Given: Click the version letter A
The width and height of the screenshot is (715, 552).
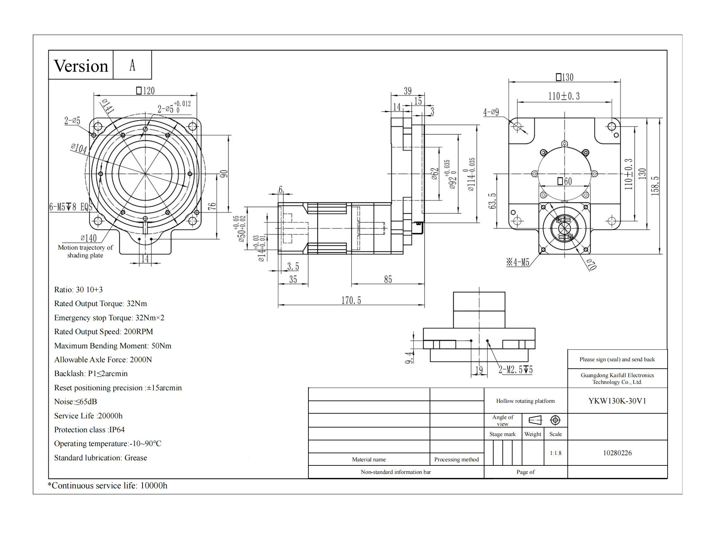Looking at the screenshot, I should [132, 65].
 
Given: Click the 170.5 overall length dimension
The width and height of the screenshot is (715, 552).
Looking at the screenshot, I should [351, 300].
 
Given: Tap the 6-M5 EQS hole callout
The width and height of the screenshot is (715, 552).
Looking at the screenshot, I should [71, 207].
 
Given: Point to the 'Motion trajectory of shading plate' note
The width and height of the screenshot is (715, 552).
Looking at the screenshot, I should [85, 251].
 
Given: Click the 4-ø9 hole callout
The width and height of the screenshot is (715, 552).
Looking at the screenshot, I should [491, 112].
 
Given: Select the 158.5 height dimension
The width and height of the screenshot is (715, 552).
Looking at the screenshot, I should [655, 186].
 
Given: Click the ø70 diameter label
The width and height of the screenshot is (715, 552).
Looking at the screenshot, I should [591, 264].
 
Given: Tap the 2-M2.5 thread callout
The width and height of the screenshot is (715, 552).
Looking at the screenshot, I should [516, 370].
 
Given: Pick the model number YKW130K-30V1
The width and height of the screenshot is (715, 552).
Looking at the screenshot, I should [617, 401].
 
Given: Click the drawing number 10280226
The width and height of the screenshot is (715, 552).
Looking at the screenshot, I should [617, 453].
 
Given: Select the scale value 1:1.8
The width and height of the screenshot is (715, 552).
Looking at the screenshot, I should [556, 453].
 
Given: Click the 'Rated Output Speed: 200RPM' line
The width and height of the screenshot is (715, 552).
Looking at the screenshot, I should [104, 331].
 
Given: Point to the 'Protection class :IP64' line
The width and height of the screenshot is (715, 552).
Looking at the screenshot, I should [89, 430].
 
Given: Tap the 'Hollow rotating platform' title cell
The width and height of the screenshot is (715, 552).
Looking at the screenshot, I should [525, 401].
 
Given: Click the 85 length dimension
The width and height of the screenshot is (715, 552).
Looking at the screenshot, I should [388, 279].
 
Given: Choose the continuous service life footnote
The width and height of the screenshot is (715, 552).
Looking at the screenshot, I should [108, 486].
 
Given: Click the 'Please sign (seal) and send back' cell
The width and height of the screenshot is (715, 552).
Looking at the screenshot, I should [617, 359].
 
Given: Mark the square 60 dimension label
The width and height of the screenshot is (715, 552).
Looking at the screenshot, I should [565, 182].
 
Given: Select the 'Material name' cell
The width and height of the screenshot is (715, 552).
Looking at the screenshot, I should [369, 459].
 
